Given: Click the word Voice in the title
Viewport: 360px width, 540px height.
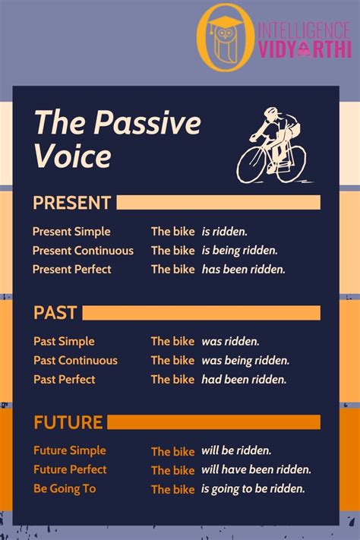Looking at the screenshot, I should pos(72,156).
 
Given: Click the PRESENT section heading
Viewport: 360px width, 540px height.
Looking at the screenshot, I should pos(72,203).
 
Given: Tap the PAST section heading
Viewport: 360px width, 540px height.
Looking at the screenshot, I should pos(55,312).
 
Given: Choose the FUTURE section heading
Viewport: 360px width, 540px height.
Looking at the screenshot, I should pos(68,422).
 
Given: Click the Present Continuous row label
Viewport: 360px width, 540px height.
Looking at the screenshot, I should pos(83,251).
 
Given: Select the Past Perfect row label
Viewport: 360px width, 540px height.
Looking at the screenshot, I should pos(65,379).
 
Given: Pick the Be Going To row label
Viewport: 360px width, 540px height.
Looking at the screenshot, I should pos(65,488).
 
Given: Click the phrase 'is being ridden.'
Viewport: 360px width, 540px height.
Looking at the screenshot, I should pos(239,251).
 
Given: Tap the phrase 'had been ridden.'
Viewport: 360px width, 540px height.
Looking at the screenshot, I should pos(243,379).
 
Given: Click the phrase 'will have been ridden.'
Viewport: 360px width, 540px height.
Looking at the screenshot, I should pos(256,469).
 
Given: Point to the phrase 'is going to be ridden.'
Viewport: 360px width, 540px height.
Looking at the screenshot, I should pos(253,488).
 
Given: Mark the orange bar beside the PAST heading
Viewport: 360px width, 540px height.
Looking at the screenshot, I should pos(201,312).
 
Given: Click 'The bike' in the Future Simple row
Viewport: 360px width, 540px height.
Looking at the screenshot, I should pos(172,451).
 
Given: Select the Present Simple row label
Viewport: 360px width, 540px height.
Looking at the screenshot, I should pos(71,232).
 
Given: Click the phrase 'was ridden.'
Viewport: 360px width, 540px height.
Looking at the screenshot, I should pos(230,342).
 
